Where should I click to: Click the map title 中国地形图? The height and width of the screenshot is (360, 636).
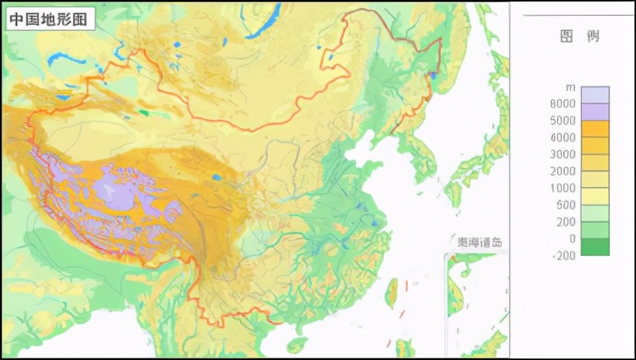coord(51,19)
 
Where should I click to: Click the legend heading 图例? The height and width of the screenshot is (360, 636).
coord(580,37)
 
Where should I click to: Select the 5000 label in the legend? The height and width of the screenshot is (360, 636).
coord(562,121)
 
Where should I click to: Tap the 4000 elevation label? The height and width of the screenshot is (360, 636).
coord(562,138)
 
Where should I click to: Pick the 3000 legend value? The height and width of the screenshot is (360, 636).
coord(562,154)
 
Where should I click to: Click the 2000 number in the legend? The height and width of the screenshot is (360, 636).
coord(562,171)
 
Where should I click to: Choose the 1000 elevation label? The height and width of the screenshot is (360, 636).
coord(562,188)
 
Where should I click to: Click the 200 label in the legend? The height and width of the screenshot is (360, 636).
coord(565,222)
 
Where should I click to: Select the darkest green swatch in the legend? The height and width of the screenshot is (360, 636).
coord(595,247)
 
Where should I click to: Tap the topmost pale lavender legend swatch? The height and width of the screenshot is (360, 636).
coord(595,94)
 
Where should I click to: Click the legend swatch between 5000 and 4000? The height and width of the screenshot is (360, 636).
coord(595,129)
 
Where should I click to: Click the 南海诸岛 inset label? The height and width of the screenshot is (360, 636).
coord(480,242)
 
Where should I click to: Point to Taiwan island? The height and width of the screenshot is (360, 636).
coord(391,292)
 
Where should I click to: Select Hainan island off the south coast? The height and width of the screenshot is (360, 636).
coord(297,345)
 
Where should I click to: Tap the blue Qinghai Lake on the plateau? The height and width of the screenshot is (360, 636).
coord(216,178)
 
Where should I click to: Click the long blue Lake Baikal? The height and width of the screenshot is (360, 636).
coord(262,22)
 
